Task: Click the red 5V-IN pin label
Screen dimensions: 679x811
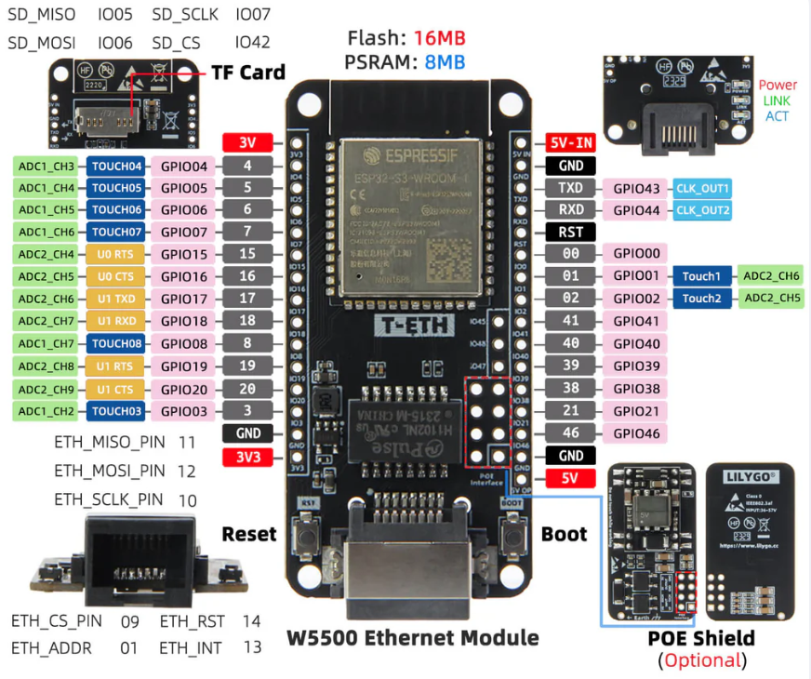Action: (x=570, y=143)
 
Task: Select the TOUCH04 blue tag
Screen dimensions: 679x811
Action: (x=116, y=166)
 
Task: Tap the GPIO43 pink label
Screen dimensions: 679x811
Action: (x=636, y=188)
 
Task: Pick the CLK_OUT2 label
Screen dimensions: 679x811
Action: (x=703, y=210)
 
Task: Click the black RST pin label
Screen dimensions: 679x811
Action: (x=570, y=233)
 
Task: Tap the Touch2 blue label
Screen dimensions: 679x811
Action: (x=701, y=299)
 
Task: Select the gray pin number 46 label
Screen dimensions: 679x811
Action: (x=570, y=433)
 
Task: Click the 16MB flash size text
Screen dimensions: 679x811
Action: (x=440, y=38)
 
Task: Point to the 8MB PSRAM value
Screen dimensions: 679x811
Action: (x=445, y=63)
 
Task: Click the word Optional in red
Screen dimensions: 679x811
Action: (x=703, y=661)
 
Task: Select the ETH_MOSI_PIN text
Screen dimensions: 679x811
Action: (x=110, y=472)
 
